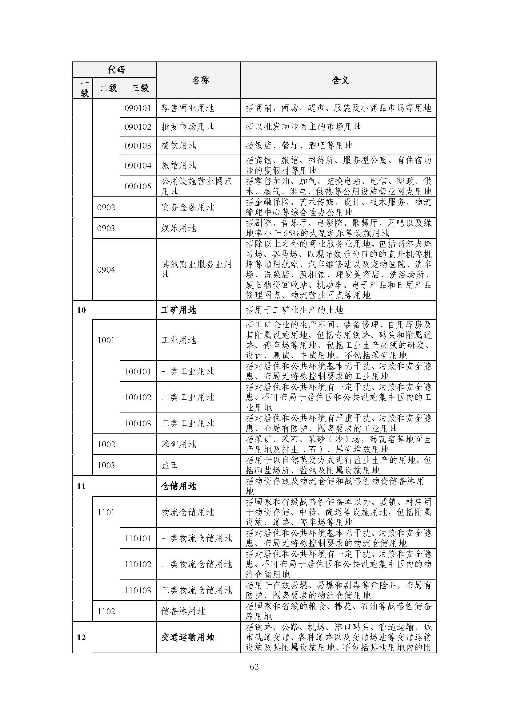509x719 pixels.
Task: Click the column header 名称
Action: pos(200,81)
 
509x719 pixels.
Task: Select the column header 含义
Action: pos(340,81)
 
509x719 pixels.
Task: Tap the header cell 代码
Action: pos(116,69)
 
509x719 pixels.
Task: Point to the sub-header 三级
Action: pos(140,88)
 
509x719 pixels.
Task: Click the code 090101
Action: pos(138,108)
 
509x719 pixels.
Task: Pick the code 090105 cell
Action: pos(138,186)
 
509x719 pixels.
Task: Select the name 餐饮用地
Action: pos(179,145)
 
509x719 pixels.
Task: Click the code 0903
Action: pos(106,228)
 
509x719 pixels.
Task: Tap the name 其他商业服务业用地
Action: pos(196,269)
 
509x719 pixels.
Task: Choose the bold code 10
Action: pos(81,310)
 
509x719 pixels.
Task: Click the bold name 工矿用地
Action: pos(179,310)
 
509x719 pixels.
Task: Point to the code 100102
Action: pos(138,397)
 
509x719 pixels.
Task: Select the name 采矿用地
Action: pos(179,444)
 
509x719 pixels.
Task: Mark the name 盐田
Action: pos(170,465)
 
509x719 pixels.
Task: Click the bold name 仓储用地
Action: pos(179,486)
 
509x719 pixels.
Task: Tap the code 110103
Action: pos(138,590)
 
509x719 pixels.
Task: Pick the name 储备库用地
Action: pos(183,611)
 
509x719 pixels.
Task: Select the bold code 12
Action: pos(81,637)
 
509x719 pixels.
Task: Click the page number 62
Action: pos(254,666)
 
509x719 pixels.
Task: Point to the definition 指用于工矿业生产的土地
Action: pos(295,310)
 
